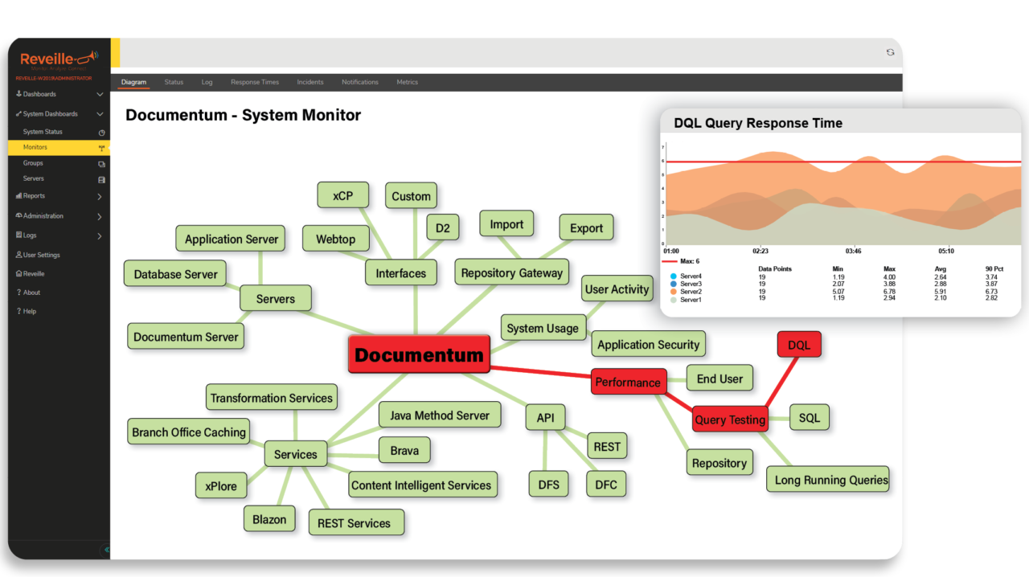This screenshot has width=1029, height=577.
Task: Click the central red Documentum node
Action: point(419,354)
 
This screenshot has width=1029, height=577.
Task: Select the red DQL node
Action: point(799,345)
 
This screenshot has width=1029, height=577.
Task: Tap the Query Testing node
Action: point(730,419)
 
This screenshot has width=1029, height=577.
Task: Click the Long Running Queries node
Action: point(831,480)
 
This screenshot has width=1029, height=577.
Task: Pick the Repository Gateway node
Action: point(511,272)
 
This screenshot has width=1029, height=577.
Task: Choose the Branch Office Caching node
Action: point(189,432)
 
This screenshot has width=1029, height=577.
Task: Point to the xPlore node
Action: point(221,485)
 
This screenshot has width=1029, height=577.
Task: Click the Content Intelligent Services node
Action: point(421,485)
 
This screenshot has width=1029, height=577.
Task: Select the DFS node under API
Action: point(548,484)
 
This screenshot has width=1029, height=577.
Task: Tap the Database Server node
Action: point(175,274)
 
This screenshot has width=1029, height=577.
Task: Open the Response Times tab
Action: point(255,82)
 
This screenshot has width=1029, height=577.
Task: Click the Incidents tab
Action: point(310,82)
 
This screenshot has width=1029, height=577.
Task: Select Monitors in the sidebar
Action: point(35,148)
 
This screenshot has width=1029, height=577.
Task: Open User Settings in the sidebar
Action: point(41,255)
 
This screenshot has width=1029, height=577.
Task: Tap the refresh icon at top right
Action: point(890,52)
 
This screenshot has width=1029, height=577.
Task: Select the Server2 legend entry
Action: point(691,292)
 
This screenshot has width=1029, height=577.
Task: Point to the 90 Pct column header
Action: point(994,268)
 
